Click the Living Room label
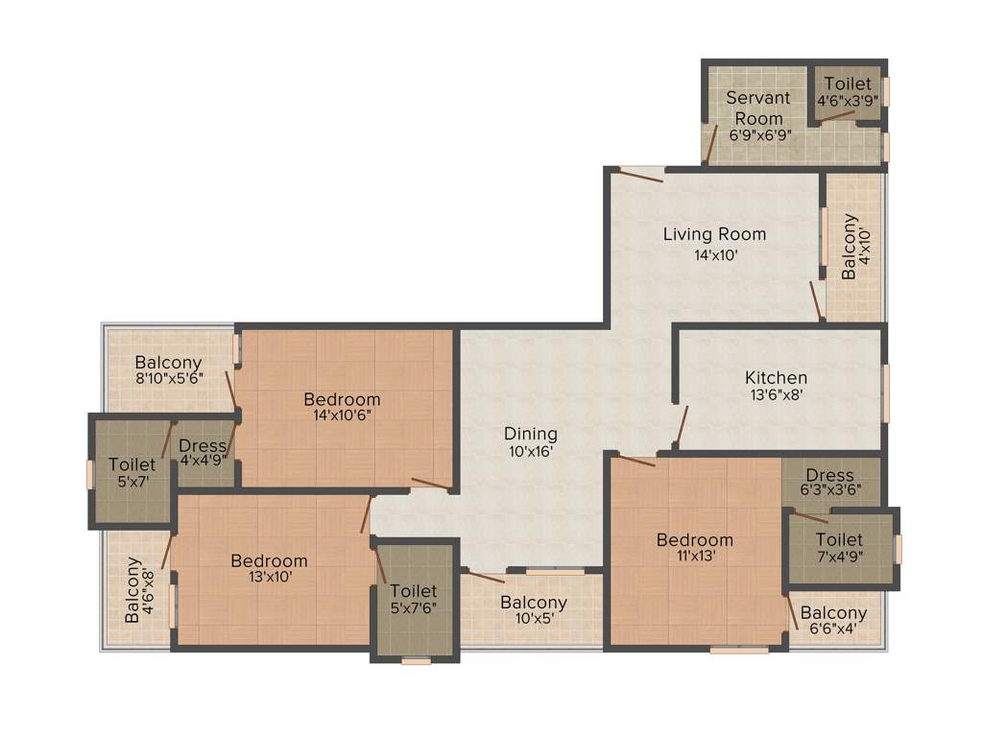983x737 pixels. click(x=714, y=234)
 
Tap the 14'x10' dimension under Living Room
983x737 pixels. click(x=715, y=256)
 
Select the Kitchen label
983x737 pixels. click(x=776, y=377)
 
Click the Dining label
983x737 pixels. click(x=531, y=434)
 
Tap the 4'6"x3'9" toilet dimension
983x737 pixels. click(x=848, y=101)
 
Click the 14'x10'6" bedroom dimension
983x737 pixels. click(x=342, y=416)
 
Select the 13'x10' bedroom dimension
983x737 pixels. click(x=269, y=577)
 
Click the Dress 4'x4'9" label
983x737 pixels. click(x=204, y=452)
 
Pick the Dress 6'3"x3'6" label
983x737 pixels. click(x=830, y=482)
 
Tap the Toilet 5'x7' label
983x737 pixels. click(x=132, y=473)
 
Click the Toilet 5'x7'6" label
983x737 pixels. click(x=414, y=599)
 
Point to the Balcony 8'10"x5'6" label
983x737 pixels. click(x=168, y=370)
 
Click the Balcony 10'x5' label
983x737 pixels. click(x=533, y=610)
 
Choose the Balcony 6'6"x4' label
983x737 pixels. click(x=833, y=621)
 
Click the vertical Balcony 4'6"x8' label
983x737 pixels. click(x=139, y=590)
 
